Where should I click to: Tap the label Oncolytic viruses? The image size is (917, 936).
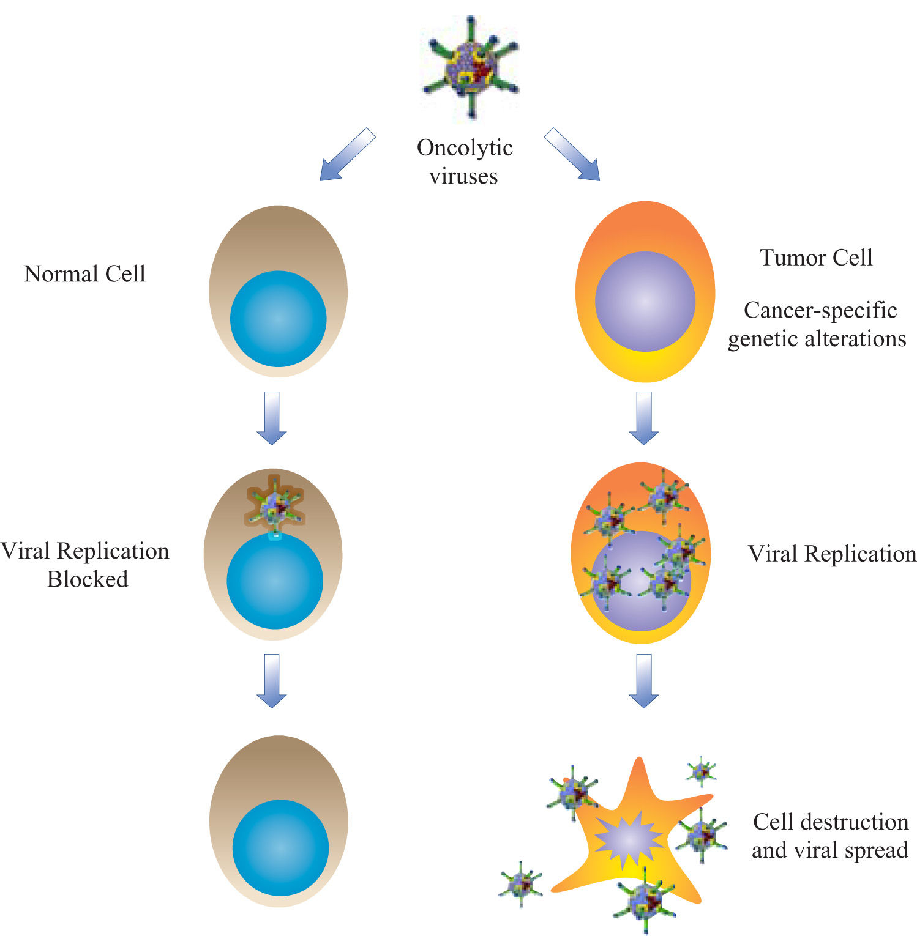pyautogui.click(x=464, y=162)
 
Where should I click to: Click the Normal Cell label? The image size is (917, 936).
pyautogui.click(x=84, y=273)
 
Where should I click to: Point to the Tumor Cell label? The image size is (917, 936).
pyautogui.click(x=816, y=258)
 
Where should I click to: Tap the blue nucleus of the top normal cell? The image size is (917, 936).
pyautogui.click(x=278, y=319)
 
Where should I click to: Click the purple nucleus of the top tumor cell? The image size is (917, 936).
pyautogui.click(x=645, y=301)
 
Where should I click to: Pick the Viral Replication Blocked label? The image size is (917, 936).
pyautogui.click(x=85, y=565)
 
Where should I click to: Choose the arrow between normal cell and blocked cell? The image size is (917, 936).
pyautogui.click(x=271, y=418)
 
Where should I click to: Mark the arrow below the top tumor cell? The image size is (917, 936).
pyautogui.click(x=643, y=418)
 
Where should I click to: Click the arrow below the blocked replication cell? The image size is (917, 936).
pyautogui.click(x=271, y=680)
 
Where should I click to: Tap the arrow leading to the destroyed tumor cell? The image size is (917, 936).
pyautogui.click(x=643, y=680)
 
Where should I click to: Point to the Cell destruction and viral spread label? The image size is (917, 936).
pyautogui.click(x=830, y=836)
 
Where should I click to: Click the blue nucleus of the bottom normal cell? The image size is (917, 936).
pyautogui.click(x=280, y=848)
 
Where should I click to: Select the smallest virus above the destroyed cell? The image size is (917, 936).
pyautogui.click(x=701, y=771)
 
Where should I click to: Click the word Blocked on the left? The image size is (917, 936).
pyautogui.click(x=88, y=579)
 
